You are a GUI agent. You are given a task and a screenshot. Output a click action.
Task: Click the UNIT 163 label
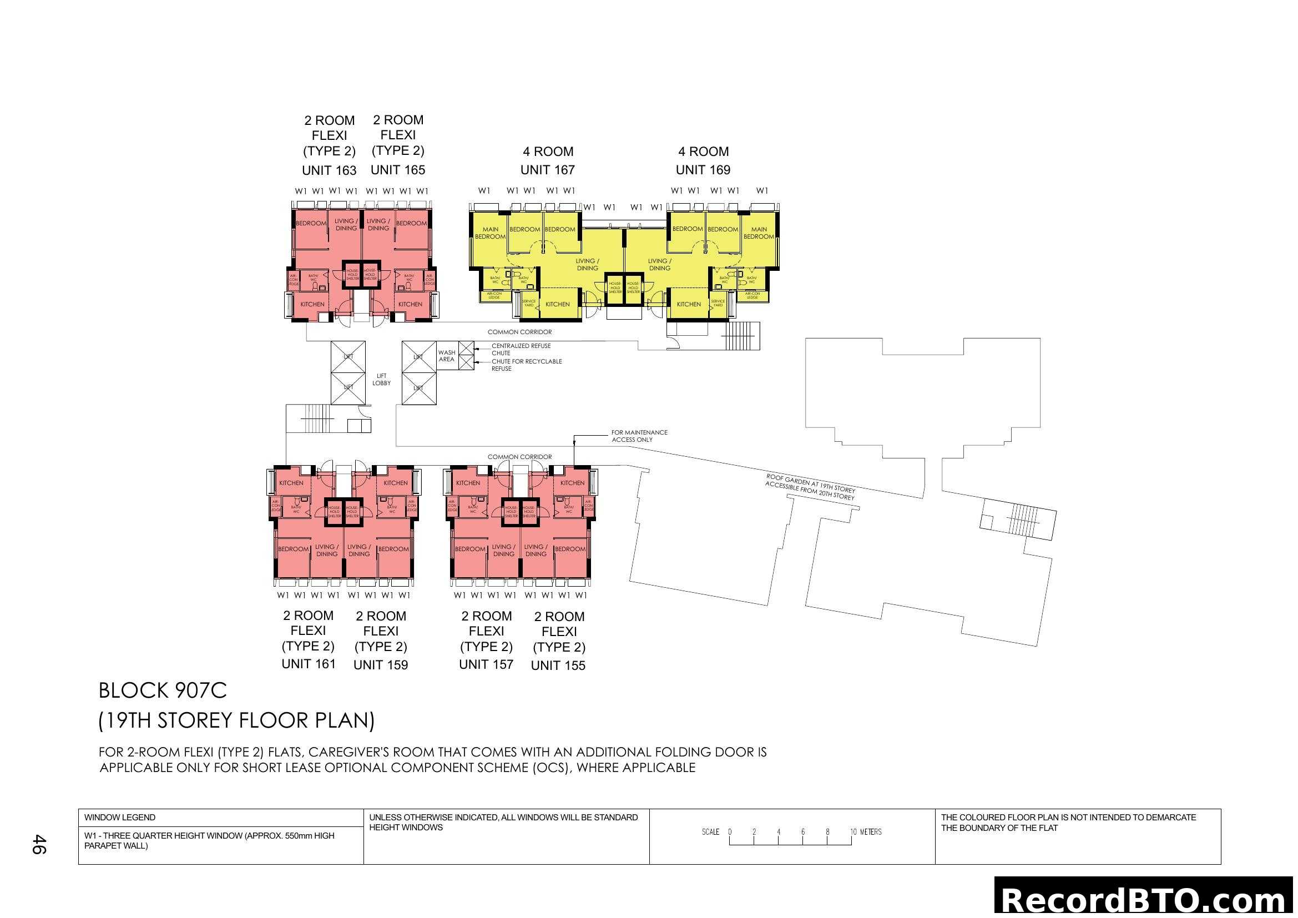[x=329, y=170]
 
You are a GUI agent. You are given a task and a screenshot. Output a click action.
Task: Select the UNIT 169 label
[x=703, y=170]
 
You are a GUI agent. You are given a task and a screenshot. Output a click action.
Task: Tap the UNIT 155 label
[x=558, y=665]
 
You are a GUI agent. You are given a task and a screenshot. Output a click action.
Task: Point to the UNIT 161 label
[x=308, y=664]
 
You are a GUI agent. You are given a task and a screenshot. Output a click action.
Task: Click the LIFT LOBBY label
[x=382, y=379]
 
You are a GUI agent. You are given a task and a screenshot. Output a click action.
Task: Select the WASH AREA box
[x=447, y=356]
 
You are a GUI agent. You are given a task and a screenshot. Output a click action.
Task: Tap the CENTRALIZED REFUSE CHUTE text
[x=521, y=349]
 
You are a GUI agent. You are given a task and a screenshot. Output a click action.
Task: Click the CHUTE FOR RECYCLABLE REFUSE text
[x=526, y=365]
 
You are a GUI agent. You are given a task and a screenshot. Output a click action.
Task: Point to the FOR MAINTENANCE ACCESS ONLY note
[x=639, y=436]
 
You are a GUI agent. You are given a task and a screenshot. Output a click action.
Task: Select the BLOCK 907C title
[x=163, y=690]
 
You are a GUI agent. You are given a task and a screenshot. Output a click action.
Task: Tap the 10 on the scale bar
[x=853, y=831]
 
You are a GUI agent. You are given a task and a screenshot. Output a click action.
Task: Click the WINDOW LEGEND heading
[x=120, y=818]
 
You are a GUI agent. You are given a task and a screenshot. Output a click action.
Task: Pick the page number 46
[x=38, y=844]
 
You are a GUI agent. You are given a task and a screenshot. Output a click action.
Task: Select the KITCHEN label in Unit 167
[x=557, y=304]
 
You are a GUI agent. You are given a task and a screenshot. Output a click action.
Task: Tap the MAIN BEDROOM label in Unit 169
[x=759, y=233]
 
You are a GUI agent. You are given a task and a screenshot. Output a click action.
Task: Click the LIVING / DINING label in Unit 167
[x=587, y=265]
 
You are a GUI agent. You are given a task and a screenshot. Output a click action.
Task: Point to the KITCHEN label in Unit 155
[x=572, y=483]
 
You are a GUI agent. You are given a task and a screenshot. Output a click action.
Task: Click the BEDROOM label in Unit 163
[x=311, y=223]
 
